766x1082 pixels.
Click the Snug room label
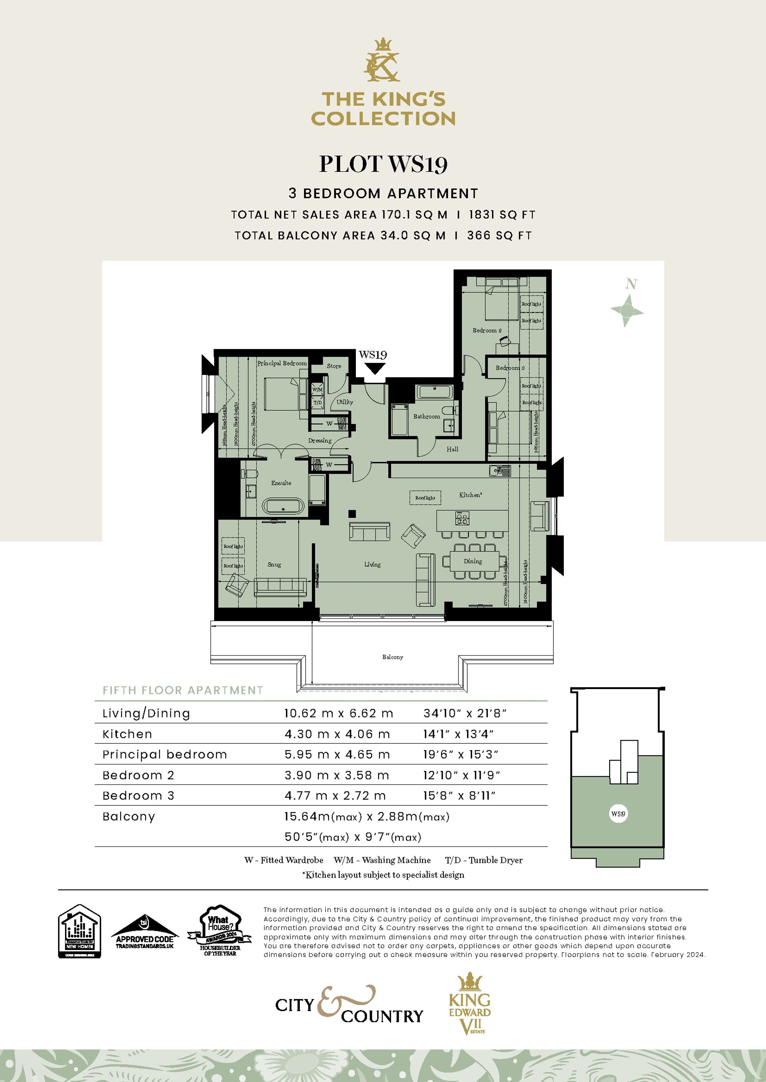click(x=274, y=565)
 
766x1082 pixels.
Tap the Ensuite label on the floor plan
click(x=281, y=483)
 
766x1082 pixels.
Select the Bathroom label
click(x=426, y=417)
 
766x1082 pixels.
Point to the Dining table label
click(x=473, y=561)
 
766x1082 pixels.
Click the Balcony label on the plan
click(x=393, y=657)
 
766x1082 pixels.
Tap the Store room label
click(x=334, y=366)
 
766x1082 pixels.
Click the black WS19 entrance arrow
click(x=375, y=368)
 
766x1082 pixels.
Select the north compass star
click(x=627, y=311)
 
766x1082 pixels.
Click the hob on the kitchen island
click(x=462, y=518)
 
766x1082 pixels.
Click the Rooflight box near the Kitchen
click(x=425, y=498)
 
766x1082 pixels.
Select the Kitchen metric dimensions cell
click(x=337, y=734)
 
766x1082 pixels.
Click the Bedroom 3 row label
click(x=138, y=796)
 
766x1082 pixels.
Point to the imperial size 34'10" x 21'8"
click(x=465, y=714)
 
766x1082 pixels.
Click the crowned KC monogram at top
click(x=383, y=61)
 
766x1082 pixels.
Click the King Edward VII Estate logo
click(x=469, y=1004)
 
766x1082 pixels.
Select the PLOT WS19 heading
click(x=383, y=165)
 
